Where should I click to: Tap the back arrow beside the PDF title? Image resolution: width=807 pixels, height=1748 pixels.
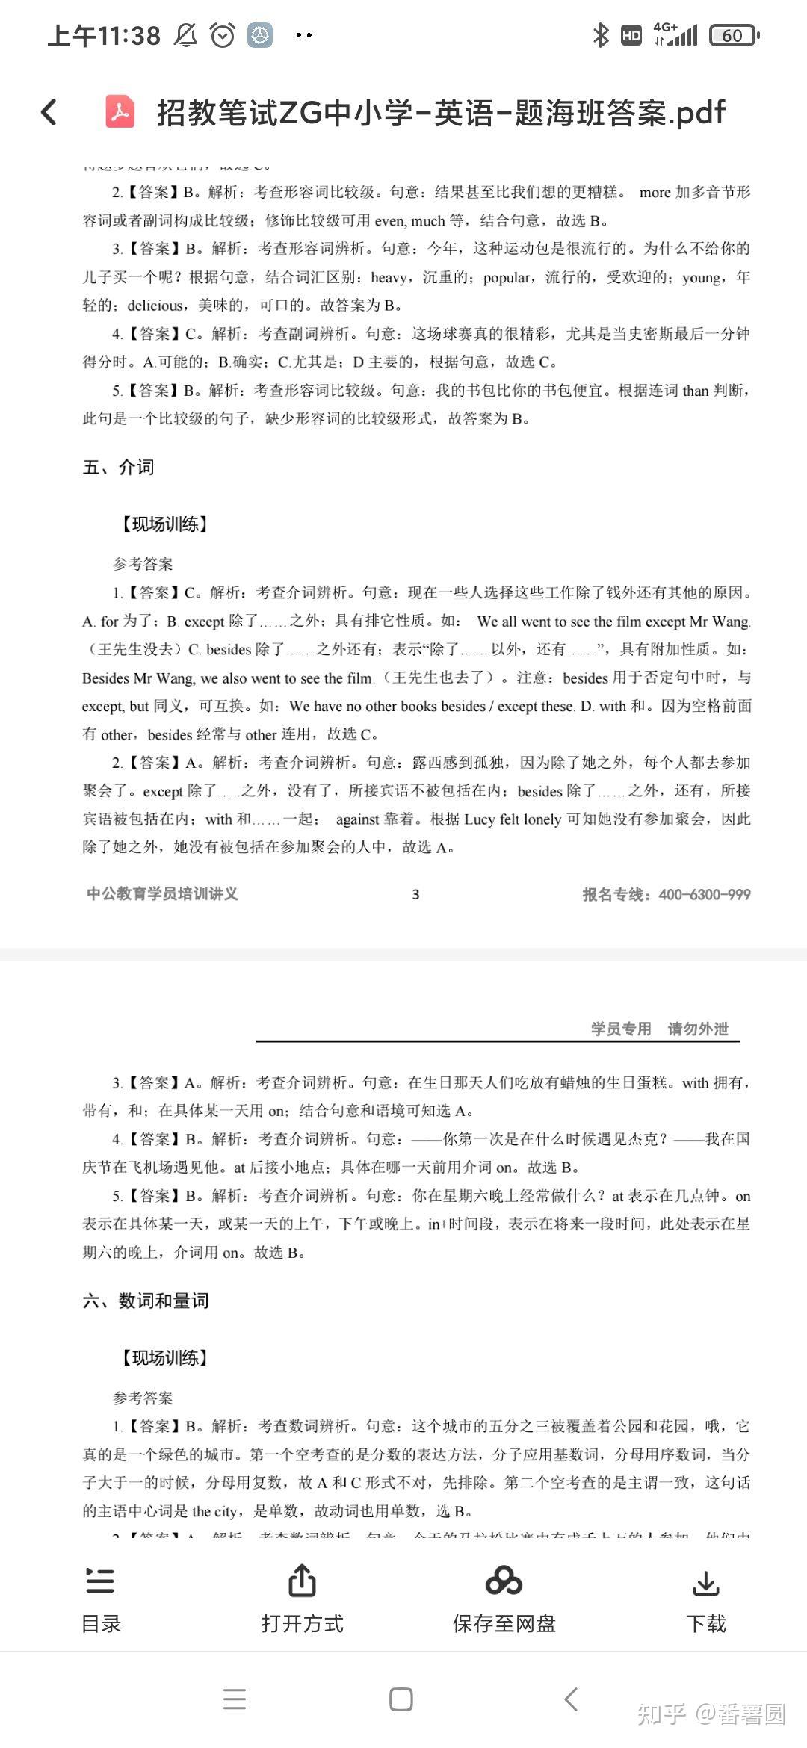pyautogui.click(x=49, y=112)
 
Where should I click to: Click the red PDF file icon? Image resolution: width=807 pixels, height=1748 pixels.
pyautogui.click(x=120, y=112)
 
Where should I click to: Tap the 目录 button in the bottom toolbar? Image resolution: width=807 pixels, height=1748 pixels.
pyautogui.click(x=100, y=1599)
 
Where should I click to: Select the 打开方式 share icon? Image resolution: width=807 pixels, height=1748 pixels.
pyautogui.click(x=302, y=1581)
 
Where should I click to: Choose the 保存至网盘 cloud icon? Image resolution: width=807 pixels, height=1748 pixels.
pyautogui.click(x=504, y=1581)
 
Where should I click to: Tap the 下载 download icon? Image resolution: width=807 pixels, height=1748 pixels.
pyautogui.click(x=705, y=1582)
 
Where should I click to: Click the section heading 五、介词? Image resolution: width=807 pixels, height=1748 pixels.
pyautogui.click(x=118, y=468)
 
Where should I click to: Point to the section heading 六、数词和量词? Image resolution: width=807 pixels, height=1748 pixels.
pyautogui.click(x=146, y=1301)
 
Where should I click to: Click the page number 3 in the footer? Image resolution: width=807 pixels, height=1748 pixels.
pyautogui.click(x=415, y=894)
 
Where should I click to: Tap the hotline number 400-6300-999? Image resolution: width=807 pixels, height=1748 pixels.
pyautogui.click(x=704, y=894)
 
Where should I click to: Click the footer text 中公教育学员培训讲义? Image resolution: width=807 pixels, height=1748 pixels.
pyautogui.click(x=162, y=893)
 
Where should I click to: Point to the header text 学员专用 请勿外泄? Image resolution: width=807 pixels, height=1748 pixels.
pyautogui.click(x=659, y=1029)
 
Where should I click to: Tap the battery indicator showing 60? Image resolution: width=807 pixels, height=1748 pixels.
pyautogui.click(x=734, y=35)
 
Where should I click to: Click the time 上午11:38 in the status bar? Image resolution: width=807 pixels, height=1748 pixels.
pyautogui.click(x=104, y=35)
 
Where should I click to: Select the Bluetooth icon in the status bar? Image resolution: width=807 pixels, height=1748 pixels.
pyautogui.click(x=600, y=35)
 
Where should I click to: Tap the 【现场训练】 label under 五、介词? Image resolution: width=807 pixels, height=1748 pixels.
pyautogui.click(x=164, y=524)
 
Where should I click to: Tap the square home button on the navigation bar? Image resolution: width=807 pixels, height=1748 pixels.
pyautogui.click(x=401, y=1699)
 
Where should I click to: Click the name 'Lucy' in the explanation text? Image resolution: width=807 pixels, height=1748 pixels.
pyautogui.click(x=479, y=819)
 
